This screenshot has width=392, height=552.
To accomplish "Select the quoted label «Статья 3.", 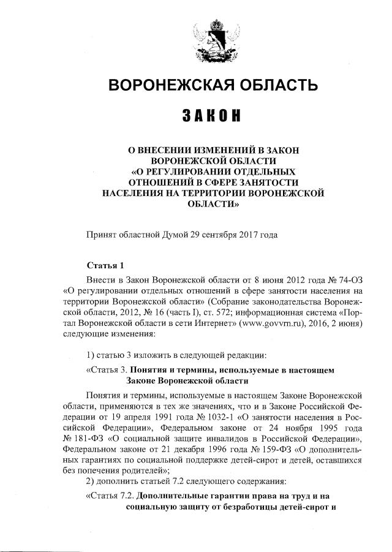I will click(107, 370).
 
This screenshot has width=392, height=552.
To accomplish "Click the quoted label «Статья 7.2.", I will click(110, 496).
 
